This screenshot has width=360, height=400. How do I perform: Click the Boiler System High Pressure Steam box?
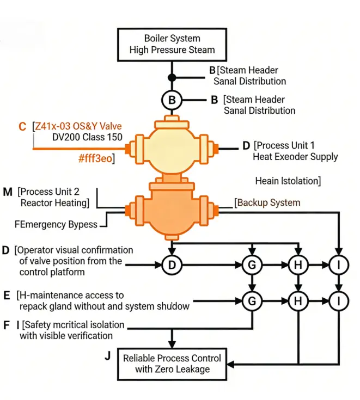(x=172, y=44)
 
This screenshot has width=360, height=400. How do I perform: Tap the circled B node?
(x=172, y=100)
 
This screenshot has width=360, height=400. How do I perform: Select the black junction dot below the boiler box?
(x=172, y=77)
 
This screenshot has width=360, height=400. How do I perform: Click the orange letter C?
(x=22, y=127)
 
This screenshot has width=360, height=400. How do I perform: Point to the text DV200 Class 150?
(x=88, y=138)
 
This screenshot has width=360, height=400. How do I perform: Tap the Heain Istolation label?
(x=288, y=180)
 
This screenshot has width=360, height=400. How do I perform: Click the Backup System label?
(x=267, y=202)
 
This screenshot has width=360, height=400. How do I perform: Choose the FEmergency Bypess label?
(x=57, y=224)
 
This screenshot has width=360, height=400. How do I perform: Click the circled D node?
(x=172, y=266)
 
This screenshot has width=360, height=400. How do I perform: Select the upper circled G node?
(x=252, y=266)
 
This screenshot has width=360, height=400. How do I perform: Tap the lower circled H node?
(x=298, y=300)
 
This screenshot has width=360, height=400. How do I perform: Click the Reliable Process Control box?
(x=172, y=364)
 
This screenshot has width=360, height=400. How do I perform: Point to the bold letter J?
(x=107, y=356)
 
